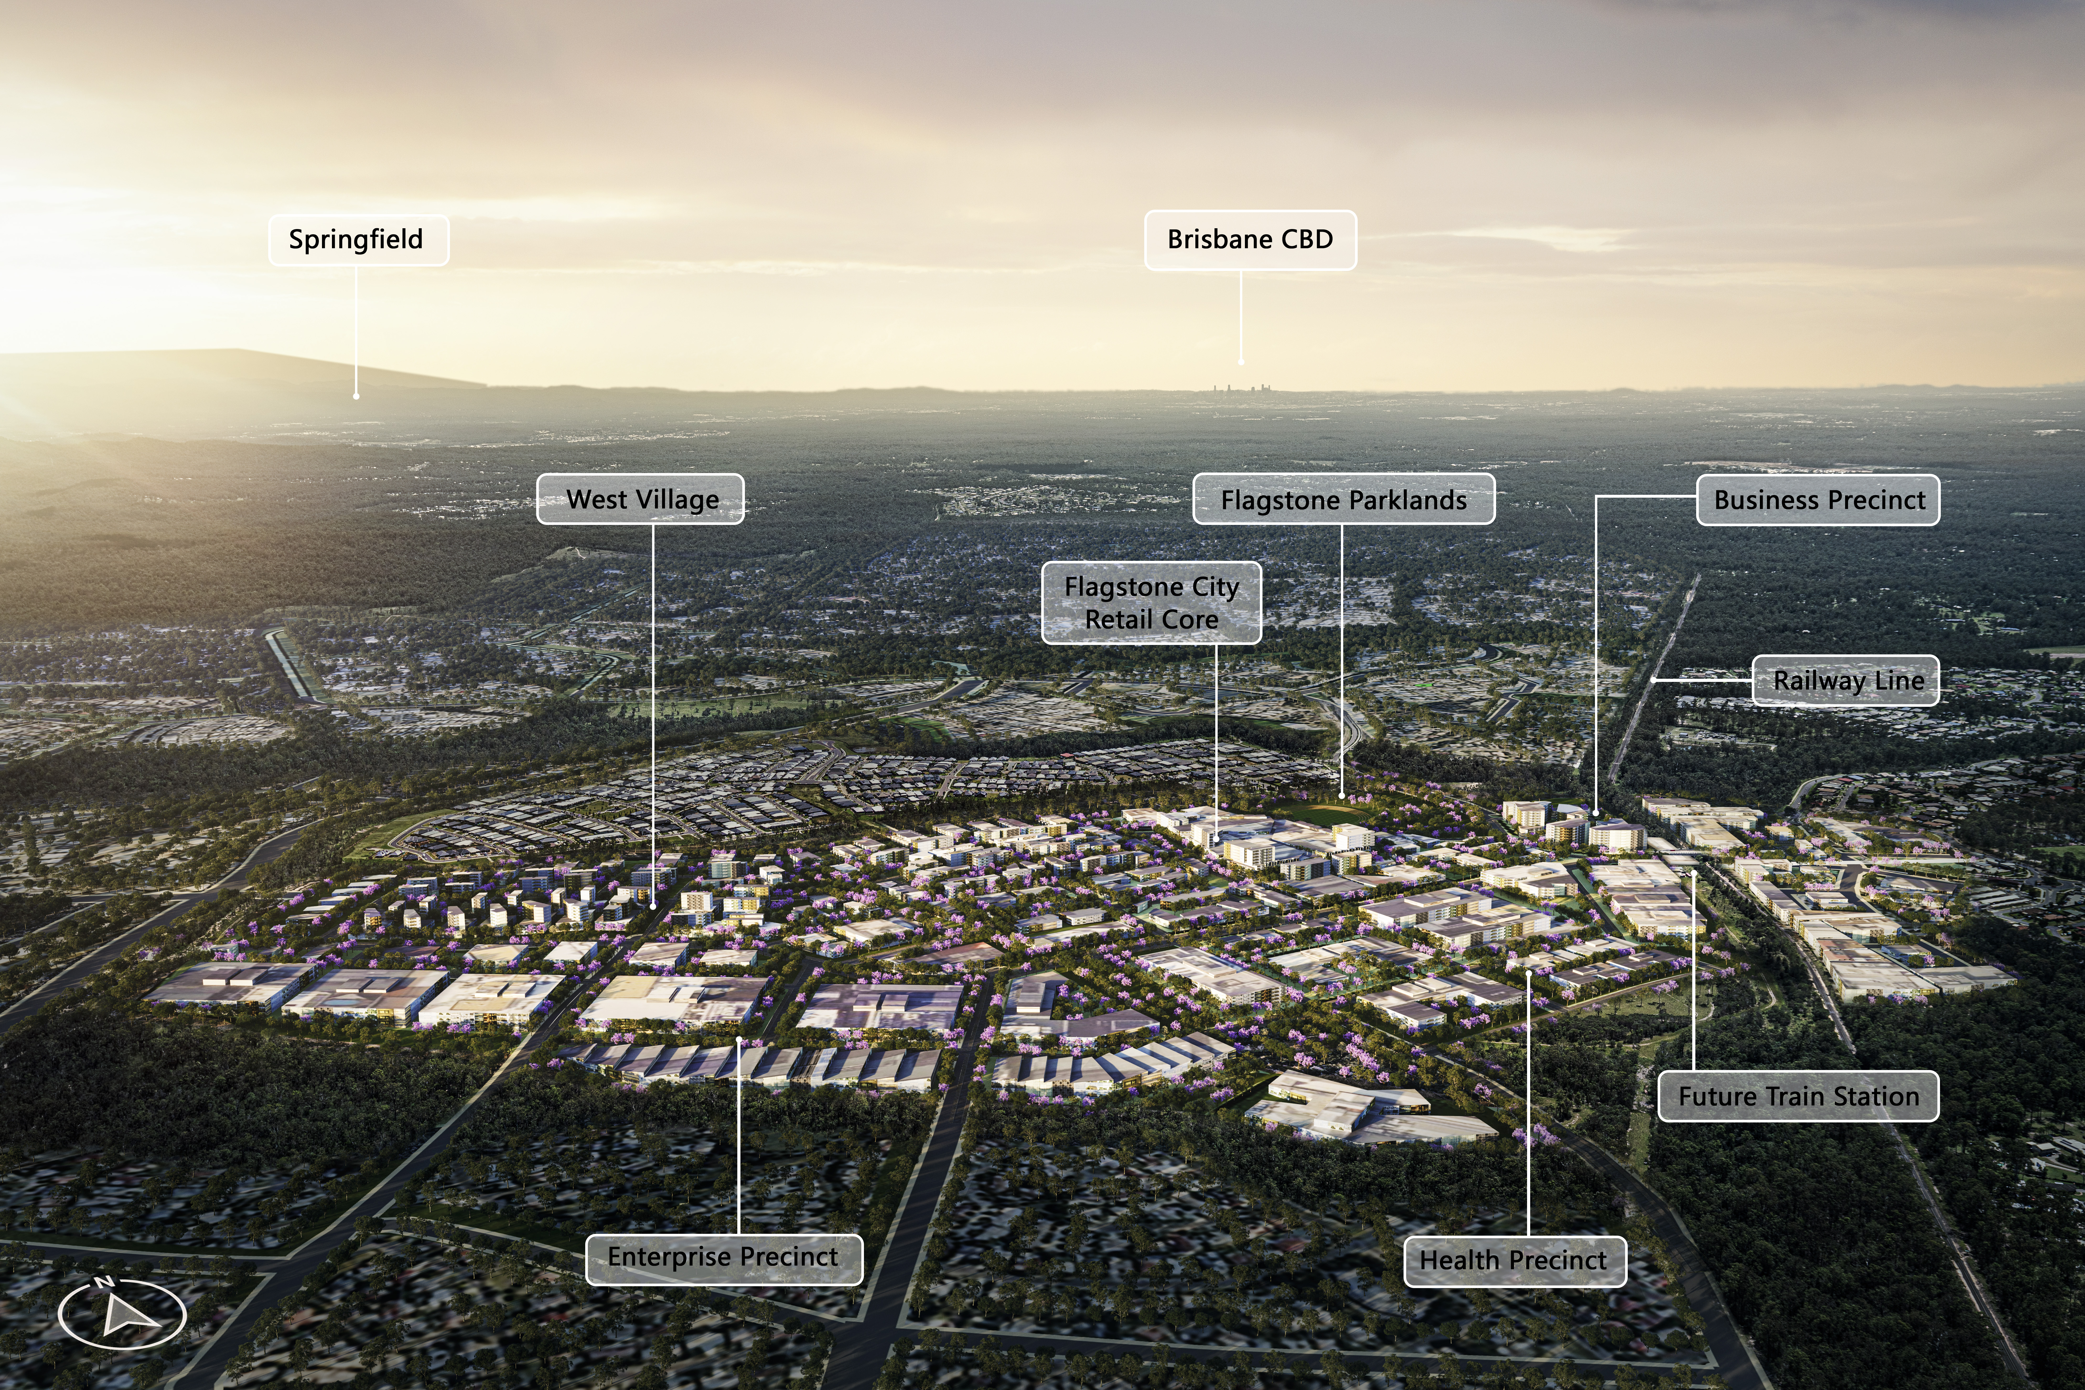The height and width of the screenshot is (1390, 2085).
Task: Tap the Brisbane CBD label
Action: pos(1250,239)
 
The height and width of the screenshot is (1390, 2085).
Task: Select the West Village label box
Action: pos(640,499)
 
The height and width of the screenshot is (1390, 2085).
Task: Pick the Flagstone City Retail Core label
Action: pos(1151,603)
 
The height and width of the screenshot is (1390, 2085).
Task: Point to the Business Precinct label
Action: pos(1818,500)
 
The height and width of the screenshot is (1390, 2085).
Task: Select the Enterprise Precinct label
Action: pos(723,1257)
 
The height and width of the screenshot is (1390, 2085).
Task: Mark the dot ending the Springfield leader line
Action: pos(357,396)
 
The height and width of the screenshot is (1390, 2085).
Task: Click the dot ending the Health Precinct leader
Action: pos(1529,973)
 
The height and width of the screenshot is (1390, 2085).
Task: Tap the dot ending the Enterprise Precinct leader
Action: pos(738,1039)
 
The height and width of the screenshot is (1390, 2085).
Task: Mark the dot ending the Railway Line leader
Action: pos(1653,680)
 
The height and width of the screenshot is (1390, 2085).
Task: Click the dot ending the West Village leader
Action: pos(654,906)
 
